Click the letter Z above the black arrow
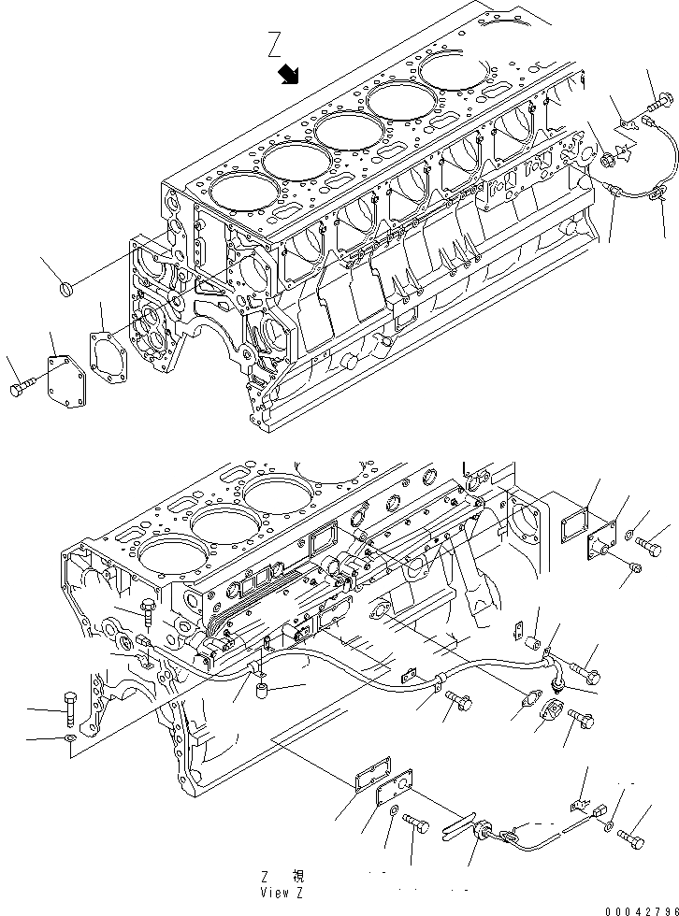[x=274, y=43]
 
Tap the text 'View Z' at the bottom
[x=282, y=892]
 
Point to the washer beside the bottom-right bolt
[x=609, y=827]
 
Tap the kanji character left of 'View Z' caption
[x=297, y=877]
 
